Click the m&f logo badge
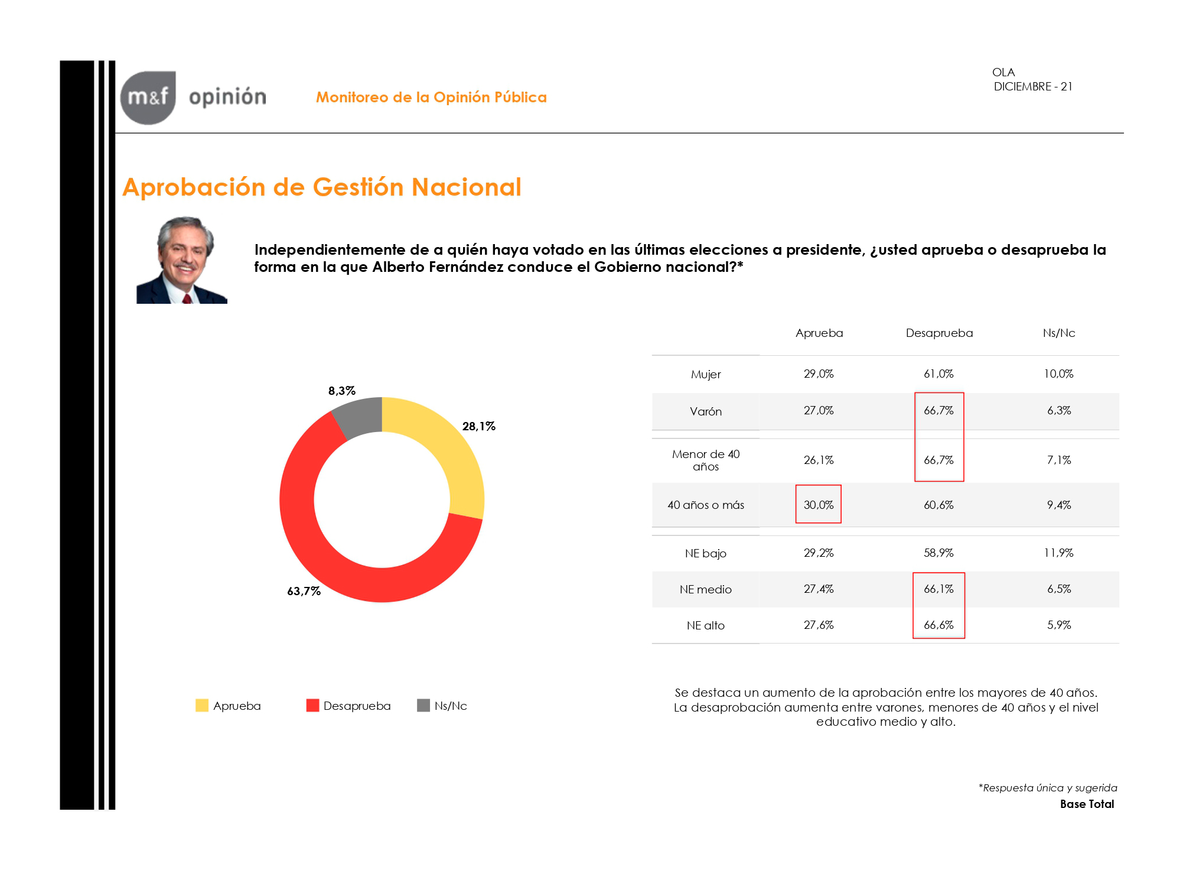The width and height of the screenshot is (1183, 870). point(148,98)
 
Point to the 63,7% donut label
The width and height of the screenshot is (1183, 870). point(304,591)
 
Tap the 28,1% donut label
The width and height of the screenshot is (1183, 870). point(478,426)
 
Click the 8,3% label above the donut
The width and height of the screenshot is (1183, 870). point(342,391)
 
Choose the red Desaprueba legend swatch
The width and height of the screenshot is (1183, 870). point(312,705)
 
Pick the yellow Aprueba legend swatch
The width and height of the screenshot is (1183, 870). point(202,705)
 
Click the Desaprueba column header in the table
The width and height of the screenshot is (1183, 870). point(939,333)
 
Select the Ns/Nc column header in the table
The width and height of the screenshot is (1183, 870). point(1059,333)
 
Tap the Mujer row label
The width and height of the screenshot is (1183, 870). point(706,374)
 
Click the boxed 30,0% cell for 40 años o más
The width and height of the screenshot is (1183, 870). point(819,505)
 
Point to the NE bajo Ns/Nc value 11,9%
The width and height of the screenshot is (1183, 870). point(1059,553)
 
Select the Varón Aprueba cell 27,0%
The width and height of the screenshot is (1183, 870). point(819,410)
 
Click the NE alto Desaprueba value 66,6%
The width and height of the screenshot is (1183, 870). point(939,625)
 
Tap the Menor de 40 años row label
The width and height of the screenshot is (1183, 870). point(706,460)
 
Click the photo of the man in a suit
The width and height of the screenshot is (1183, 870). point(182,260)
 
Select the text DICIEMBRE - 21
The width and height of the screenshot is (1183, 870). point(1033,86)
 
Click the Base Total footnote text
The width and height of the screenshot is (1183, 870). point(1087,804)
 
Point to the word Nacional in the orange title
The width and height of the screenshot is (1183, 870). point(467,187)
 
